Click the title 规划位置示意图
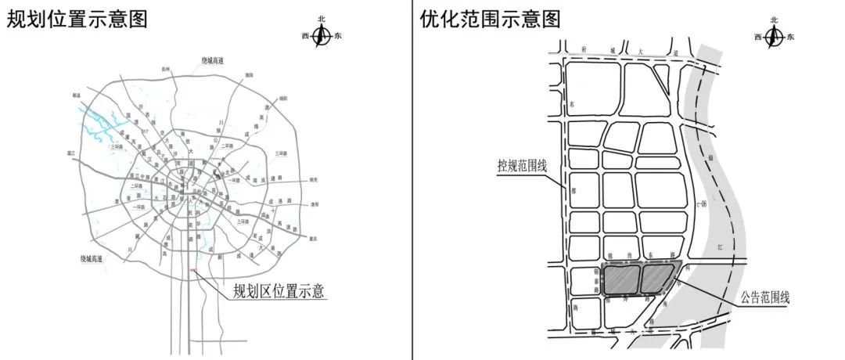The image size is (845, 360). pos(77,19)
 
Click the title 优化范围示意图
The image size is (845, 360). pos(490,19)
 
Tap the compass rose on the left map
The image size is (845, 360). pos(322,36)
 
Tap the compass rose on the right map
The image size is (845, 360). pos(773,36)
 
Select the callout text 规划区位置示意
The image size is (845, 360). pos(279,292)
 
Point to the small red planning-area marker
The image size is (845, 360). pos(194,271)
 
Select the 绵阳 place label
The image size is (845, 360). pos(282,99)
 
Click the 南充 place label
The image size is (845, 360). pos(315,179)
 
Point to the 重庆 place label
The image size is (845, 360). pos(314,239)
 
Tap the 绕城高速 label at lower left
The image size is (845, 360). pos(92,258)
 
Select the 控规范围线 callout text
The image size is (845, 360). pos(525,166)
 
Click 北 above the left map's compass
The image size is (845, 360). pos(322,19)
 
